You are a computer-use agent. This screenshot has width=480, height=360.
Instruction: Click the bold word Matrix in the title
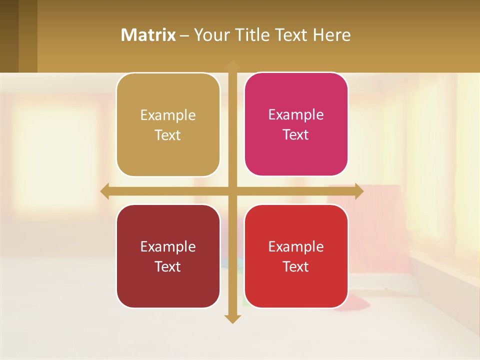pyautogui.click(x=148, y=35)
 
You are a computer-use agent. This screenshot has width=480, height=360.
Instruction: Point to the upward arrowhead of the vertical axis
pyautogui.click(x=232, y=64)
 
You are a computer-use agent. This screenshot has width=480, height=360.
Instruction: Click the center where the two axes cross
pyautogui.click(x=232, y=191)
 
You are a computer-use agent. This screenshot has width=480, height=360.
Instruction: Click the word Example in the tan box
pyautogui.click(x=168, y=115)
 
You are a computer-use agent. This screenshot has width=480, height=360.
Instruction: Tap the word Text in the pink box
pyautogui.click(x=296, y=135)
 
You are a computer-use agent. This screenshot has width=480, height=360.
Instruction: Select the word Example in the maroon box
pyautogui.click(x=168, y=247)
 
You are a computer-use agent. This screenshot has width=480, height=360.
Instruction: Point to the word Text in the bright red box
pyautogui.click(x=296, y=267)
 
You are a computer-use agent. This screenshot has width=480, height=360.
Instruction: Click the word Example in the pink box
pyautogui.click(x=296, y=115)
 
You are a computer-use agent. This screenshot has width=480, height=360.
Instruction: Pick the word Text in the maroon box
pyautogui.click(x=168, y=267)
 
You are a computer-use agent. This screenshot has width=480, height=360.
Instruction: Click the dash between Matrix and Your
pyautogui.click(x=184, y=35)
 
